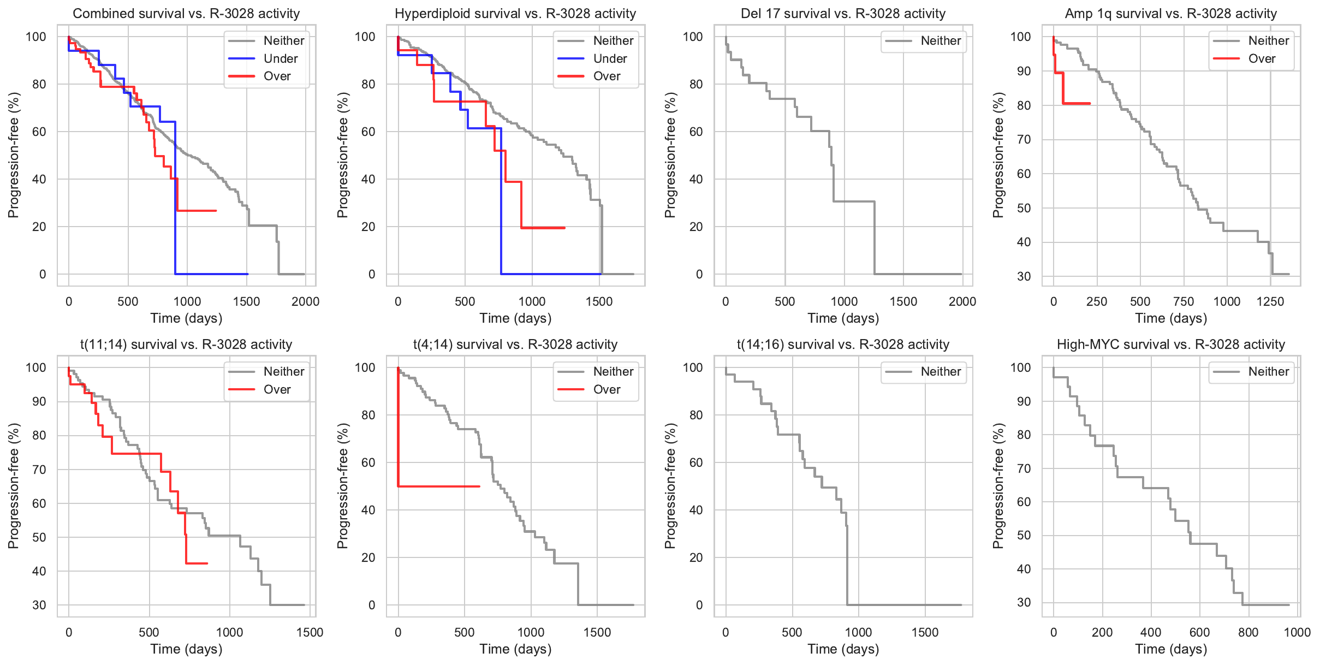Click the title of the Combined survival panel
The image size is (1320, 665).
click(186, 14)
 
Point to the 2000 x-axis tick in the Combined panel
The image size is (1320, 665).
click(305, 301)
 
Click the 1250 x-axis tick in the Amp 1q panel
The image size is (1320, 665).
click(1270, 301)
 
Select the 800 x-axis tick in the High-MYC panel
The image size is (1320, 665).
click(1248, 632)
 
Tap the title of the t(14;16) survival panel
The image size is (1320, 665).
click(843, 345)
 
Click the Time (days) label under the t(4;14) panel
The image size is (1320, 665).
click(515, 649)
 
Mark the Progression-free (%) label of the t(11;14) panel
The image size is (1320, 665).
click(14, 486)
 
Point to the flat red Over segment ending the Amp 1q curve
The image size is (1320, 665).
click(1076, 103)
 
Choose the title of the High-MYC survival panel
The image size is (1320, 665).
click(1171, 345)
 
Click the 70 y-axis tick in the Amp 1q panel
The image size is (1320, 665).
click(1023, 140)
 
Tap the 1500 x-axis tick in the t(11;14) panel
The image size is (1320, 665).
click(310, 632)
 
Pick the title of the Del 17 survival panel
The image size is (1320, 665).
click(843, 14)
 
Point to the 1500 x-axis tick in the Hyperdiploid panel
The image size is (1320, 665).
click(599, 301)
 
